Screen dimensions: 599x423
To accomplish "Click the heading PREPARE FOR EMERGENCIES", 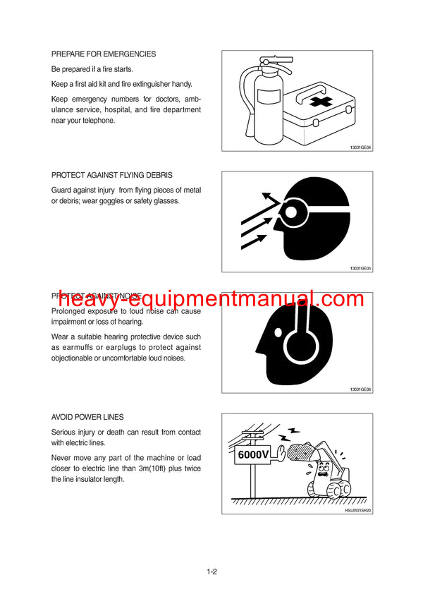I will point(104,54).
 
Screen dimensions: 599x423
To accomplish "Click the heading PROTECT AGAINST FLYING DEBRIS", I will point(111,175).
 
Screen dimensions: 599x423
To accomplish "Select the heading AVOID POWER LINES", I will point(87,417).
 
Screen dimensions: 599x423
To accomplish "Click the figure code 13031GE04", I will point(360,147).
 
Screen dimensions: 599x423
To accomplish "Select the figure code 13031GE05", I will point(360,268).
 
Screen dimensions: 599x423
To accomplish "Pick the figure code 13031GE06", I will point(360,389).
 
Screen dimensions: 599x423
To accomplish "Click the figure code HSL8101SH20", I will point(357,510).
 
